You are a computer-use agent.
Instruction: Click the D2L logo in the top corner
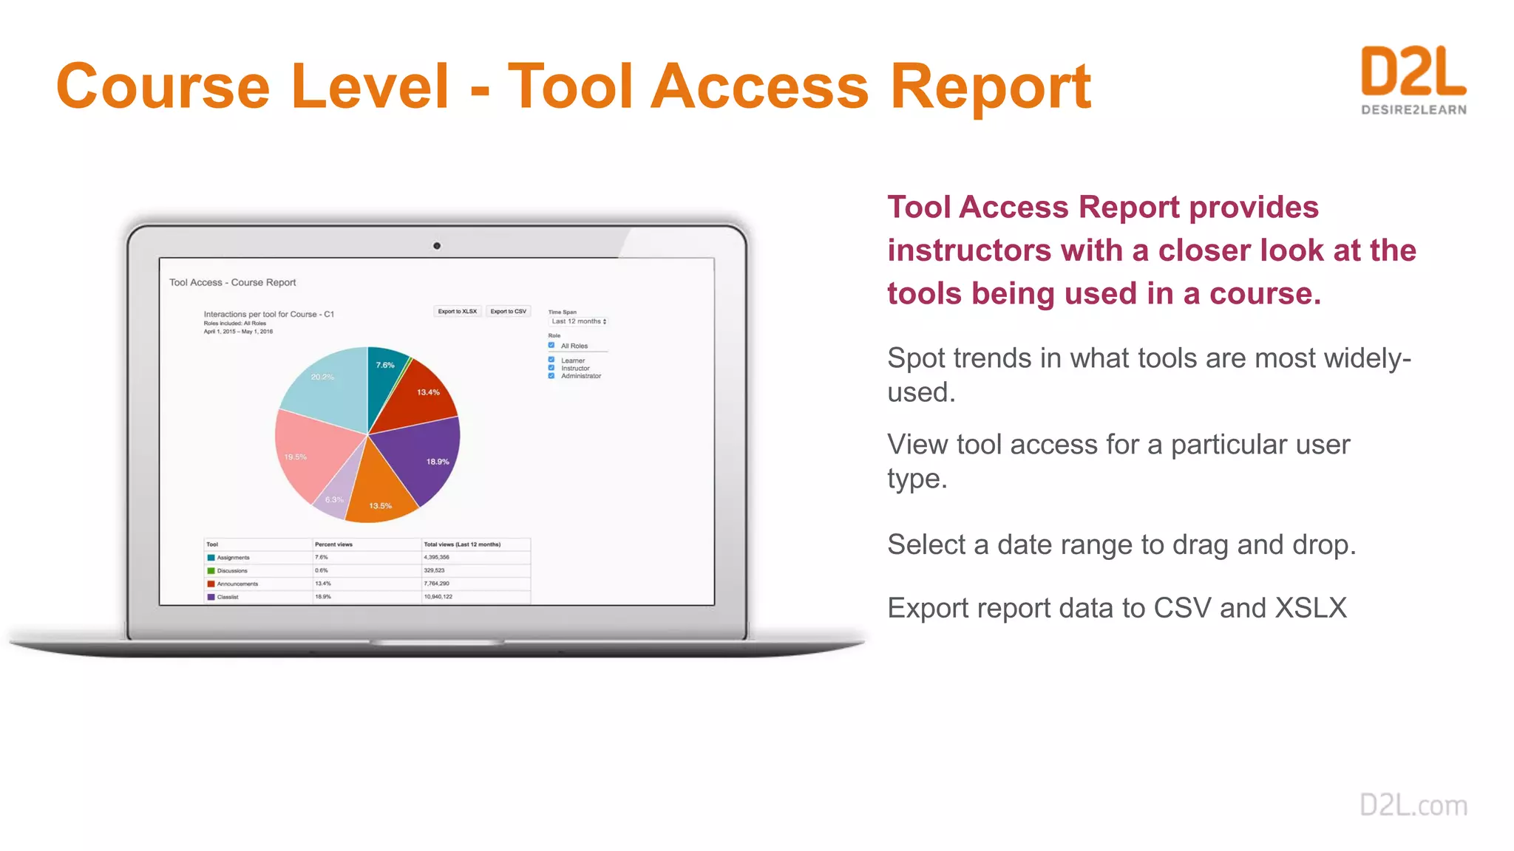1413,80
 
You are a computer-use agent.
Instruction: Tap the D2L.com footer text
1413,804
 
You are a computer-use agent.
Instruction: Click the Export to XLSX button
457,312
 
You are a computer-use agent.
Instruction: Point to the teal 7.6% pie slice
384,369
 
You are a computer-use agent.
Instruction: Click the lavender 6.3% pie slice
336,495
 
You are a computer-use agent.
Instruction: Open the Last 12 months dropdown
579,321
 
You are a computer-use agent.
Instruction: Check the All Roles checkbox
551,345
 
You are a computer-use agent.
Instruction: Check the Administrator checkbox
551,376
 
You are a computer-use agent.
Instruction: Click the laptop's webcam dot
437,246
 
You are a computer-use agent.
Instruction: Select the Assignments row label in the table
233,558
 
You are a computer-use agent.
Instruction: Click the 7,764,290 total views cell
436,584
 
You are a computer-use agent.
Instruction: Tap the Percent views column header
333,544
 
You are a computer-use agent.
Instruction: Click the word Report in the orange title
990,87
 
